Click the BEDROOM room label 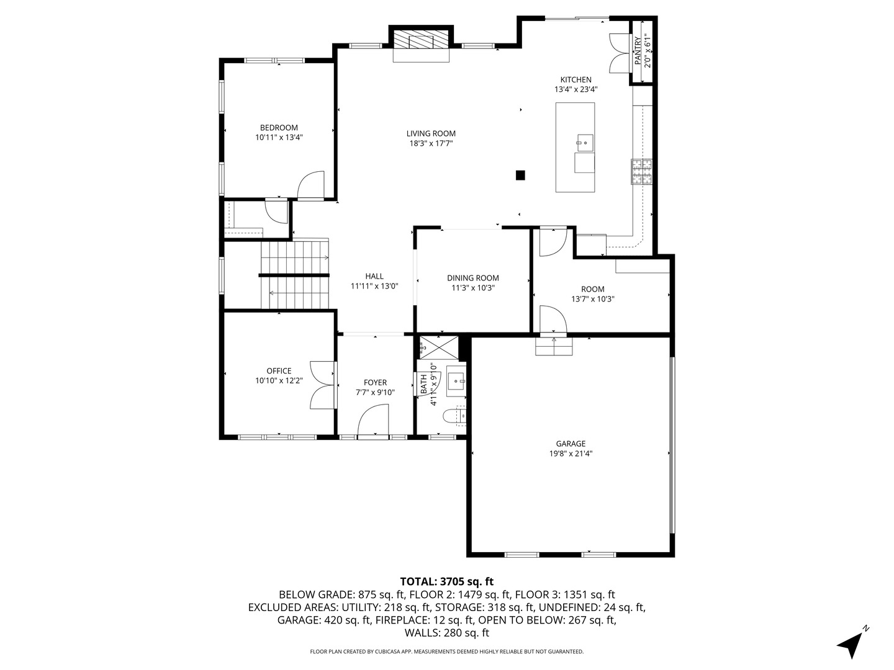click(279, 128)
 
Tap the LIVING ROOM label click(431, 133)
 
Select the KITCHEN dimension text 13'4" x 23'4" click(576, 89)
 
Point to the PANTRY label click(638, 50)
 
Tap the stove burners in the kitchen click(641, 171)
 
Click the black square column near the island click(520, 176)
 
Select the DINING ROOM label click(473, 279)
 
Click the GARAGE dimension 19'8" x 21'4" click(571, 453)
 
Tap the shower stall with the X click(439, 347)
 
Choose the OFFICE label click(279, 371)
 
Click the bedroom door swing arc click(310, 185)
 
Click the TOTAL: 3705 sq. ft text click(447, 582)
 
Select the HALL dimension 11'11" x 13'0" click(374, 286)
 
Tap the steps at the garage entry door click(554, 346)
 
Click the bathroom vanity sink click(456, 382)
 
